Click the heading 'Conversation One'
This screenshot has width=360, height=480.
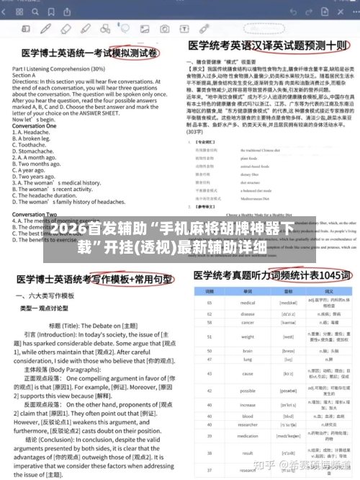[35, 125]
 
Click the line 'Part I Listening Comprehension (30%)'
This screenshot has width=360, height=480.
[60, 68]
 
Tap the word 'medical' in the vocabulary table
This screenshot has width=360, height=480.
[248, 283]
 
